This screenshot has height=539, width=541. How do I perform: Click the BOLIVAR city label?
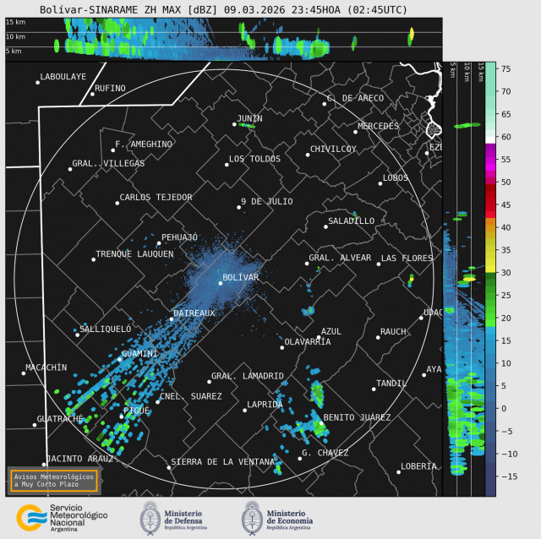click(x=240, y=277)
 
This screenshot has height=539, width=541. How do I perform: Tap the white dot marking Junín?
click(x=235, y=124)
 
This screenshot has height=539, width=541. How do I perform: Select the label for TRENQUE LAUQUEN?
click(x=134, y=253)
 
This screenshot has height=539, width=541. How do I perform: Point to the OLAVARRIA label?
click(x=308, y=341)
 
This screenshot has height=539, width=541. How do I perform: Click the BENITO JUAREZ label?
click(x=357, y=417)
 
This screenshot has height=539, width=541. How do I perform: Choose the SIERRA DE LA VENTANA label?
click(x=221, y=462)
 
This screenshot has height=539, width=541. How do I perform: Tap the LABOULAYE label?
click(x=63, y=77)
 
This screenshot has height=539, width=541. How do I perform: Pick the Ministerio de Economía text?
click(x=289, y=516)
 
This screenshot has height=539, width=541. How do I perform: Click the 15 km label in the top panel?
click(x=15, y=22)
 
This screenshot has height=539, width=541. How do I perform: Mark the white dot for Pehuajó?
click(x=159, y=243)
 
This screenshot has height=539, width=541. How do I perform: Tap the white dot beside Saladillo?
click(x=325, y=226)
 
